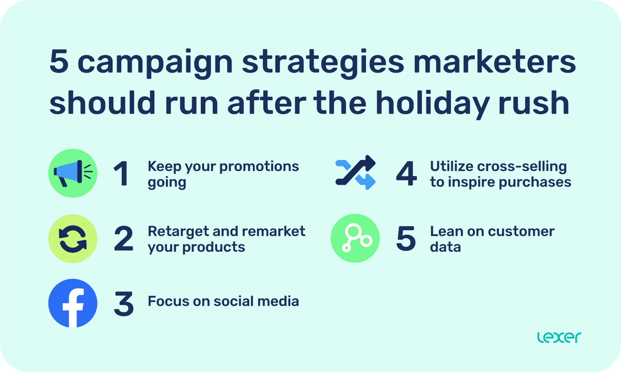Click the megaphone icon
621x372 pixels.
73,173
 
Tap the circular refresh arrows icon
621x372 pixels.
73,238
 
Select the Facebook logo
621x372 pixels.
73,303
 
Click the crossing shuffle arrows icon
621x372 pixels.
355,173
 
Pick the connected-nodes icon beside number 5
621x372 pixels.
355,238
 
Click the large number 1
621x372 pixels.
122,173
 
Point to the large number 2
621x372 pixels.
123,239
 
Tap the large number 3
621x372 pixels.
123,304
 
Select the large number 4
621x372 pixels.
406,173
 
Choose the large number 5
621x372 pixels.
406,239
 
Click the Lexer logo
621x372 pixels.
559,337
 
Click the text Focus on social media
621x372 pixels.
223,301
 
